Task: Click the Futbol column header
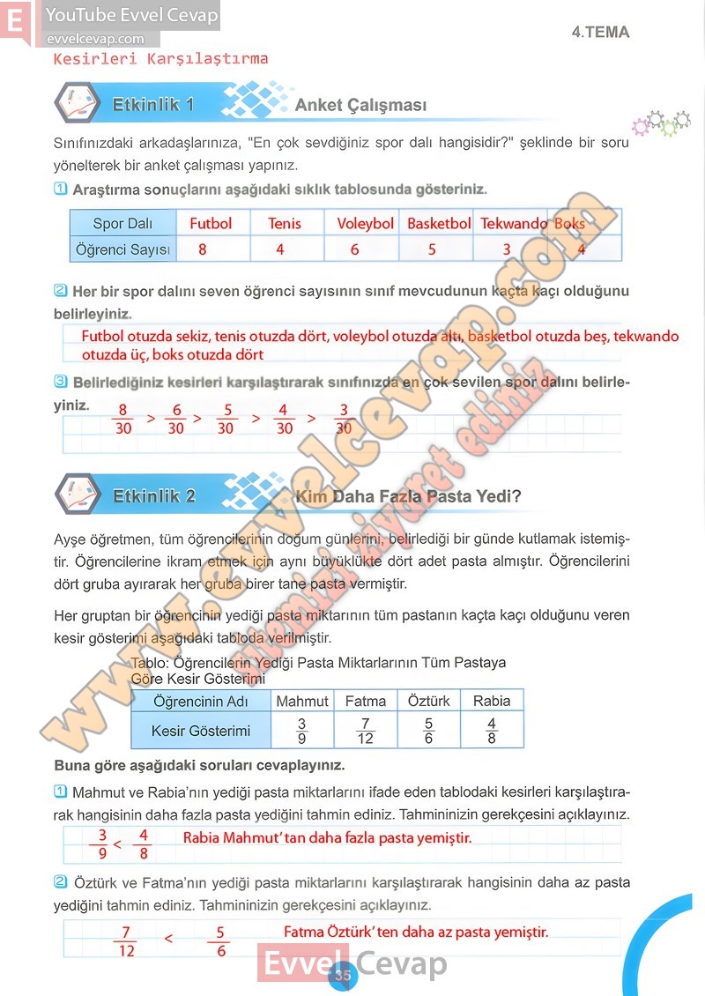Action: tap(211, 224)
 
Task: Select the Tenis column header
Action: tap(284, 224)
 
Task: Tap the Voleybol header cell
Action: tap(365, 224)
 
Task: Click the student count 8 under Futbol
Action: tap(203, 249)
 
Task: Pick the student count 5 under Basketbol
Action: tap(432, 249)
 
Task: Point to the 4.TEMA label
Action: tap(600, 33)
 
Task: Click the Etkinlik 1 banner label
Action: tap(153, 105)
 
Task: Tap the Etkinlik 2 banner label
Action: tap(154, 496)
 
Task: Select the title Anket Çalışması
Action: tap(360, 106)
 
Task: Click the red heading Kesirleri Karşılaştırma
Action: tap(160, 59)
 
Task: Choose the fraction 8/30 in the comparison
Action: tap(123, 419)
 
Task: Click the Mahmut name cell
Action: tap(302, 701)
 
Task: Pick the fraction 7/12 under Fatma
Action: tap(365, 732)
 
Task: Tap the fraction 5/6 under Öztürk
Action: tap(428, 732)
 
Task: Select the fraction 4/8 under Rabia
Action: tap(492, 732)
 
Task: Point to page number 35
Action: tap(342, 975)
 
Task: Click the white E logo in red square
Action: tap(16, 21)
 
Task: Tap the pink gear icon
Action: tap(641, 127)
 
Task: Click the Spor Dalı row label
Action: tap(122, 224)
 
